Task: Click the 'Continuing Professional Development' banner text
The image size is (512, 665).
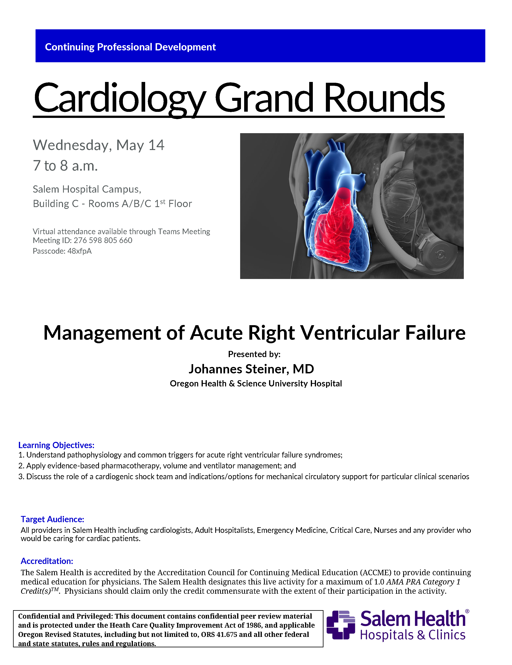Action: [x=130, y=47]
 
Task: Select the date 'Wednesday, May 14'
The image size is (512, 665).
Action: [x=99, y=145]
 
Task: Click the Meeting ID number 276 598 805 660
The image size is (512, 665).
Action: [x=103, y=241]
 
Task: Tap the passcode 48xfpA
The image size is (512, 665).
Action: [x=80, y=251]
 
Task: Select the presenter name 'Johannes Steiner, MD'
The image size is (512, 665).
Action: [x=251, y=369]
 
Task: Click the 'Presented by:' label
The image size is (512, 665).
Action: [x=254, y=354]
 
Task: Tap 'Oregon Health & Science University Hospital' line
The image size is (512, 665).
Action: [x=256, y=384]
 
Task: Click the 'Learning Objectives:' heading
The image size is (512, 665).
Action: [x=56, y=445]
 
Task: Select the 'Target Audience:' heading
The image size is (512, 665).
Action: [x=52, y=519]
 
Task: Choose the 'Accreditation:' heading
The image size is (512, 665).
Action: [x=47, y=561]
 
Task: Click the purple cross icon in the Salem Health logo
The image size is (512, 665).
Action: [x=341, y=625]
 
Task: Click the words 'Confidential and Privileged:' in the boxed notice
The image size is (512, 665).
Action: [x=65, y=616]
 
